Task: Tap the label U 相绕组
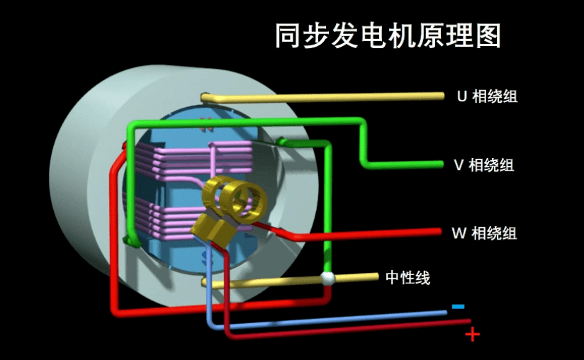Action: coord(486,96)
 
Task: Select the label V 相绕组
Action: coord(483,165)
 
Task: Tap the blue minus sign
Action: coord(458,306)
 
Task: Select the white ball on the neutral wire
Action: coord(327,278)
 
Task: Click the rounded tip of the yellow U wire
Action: coord(204,96)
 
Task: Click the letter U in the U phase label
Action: coord(461,96)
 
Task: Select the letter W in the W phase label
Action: coord(458,232)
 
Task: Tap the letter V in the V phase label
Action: coord(459,165)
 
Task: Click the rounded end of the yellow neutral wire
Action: coord(205,282)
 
